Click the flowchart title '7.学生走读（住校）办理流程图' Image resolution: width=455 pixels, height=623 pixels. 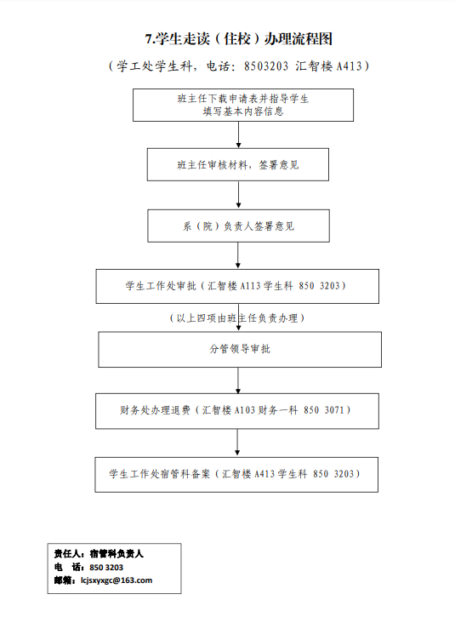click(239, 39)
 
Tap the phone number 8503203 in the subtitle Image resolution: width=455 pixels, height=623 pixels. click(266, 66)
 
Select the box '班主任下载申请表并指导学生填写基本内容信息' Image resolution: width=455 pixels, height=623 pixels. click(243, 106)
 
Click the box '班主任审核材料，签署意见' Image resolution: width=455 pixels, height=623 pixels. click(238, 164)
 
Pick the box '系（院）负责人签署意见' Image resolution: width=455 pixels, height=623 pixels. click(238, 226)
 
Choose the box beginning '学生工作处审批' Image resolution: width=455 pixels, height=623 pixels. click(237, 287)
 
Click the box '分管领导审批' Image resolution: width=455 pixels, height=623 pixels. click(240, 350)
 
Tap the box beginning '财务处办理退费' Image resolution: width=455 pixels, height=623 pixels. click(237, 411)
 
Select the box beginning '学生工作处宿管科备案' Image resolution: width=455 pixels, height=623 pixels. click(236, 475)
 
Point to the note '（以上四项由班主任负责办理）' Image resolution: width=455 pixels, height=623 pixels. click(237, 318)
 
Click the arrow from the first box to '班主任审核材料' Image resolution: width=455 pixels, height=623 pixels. click(239, 134)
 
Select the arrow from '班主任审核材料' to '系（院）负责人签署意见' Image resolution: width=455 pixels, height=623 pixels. click(239, 195)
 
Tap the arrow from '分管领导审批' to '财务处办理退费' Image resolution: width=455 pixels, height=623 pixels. click(238, 380)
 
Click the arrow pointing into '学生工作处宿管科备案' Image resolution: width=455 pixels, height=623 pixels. click(237, 443)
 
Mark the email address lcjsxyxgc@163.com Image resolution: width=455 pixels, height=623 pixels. click(117, 580)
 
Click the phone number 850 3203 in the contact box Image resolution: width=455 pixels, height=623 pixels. click(106, 568)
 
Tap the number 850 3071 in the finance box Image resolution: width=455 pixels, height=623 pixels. click(323, 410)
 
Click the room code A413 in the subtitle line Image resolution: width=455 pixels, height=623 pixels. click(350, 66)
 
